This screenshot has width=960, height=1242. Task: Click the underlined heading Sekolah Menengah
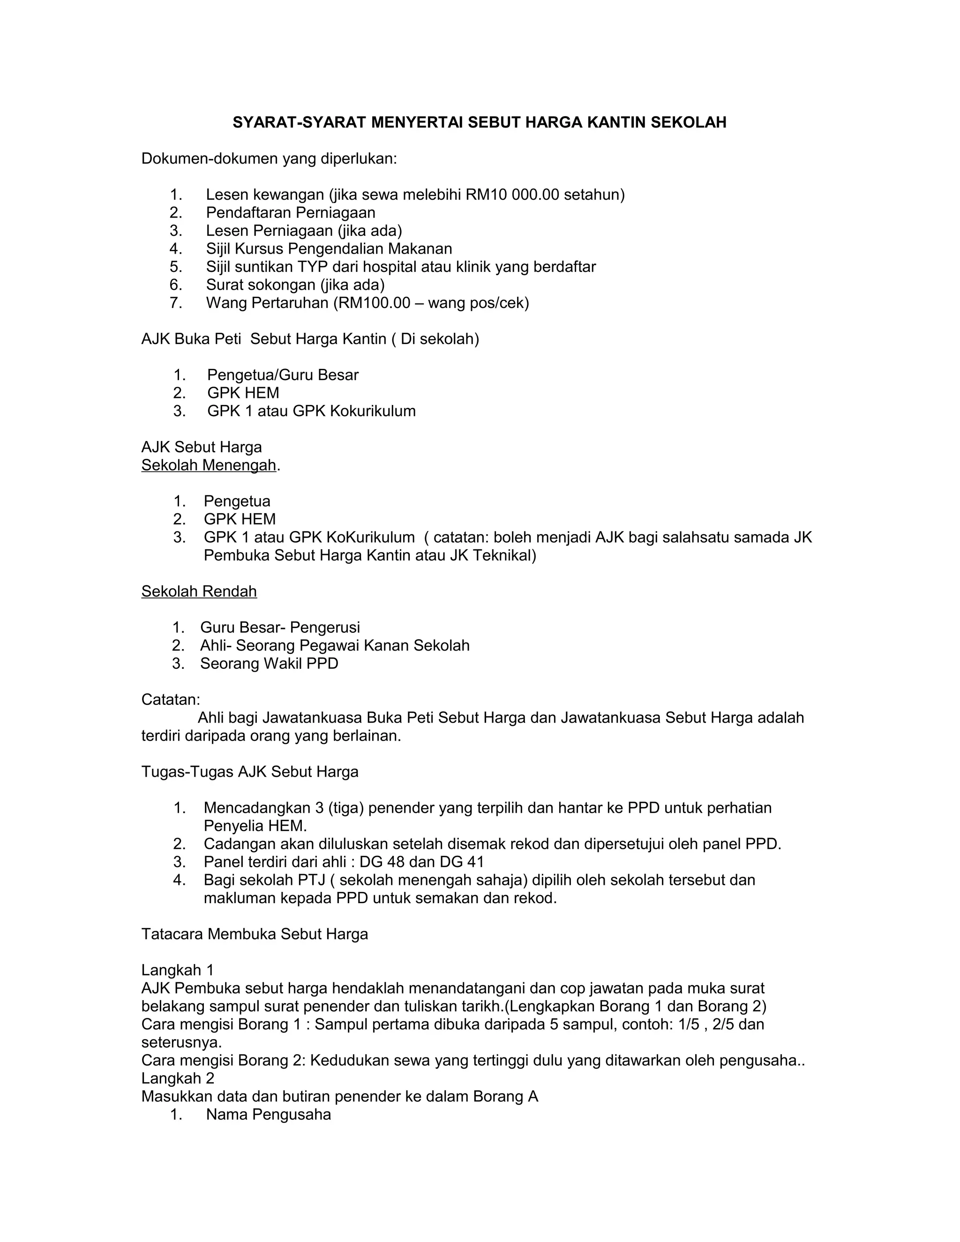click(208, 465)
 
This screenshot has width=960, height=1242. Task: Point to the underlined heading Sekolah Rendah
click(199, 591)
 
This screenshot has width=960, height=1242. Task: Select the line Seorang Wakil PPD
click(269, 664)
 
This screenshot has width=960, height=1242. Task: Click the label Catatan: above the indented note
click(171, 699)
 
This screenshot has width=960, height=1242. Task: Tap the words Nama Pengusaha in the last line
click(269, 1114)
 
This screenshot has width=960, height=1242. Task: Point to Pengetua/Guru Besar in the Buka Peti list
click(283, 375)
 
